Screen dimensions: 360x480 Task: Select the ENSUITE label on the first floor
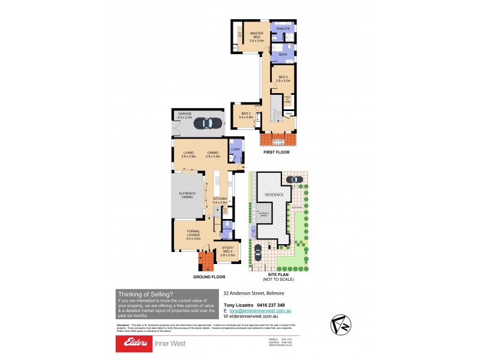point(283,29)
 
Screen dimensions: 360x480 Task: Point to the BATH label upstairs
point(283,55)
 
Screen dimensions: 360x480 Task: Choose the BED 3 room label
point(247,115)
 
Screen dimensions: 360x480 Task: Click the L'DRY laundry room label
point(235,150)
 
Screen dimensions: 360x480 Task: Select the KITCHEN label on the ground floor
point(221,200)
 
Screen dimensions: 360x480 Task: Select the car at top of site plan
point(294,179)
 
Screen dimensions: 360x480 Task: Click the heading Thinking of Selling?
point(146,294)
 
